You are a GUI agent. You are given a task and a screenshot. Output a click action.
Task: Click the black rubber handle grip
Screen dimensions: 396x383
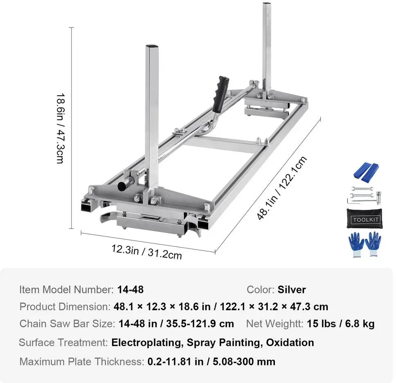(221, 94)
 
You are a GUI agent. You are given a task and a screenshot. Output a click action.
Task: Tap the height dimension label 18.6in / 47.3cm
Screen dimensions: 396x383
(61, 128)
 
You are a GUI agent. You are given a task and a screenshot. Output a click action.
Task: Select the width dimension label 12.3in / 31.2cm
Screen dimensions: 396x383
(146, 252)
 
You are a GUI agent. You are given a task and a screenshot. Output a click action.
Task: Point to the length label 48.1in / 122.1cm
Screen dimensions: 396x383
(281, 188)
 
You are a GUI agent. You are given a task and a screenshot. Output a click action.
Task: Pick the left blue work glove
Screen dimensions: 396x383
(356, 244)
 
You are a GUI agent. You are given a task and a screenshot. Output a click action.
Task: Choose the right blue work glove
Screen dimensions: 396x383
(373, 244)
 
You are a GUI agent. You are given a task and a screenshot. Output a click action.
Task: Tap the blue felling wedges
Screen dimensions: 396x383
(366, 172)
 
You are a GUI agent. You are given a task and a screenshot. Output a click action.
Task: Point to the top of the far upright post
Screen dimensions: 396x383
(267, 4)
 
